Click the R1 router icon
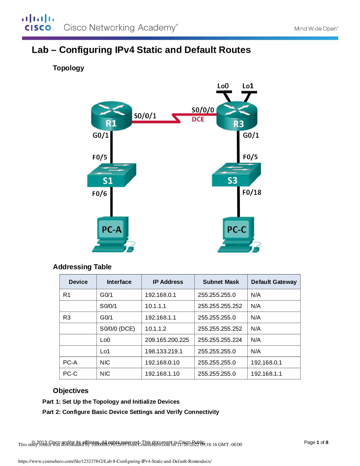111,116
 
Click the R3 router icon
237,116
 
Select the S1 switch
111,175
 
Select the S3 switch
236,175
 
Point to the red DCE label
198,119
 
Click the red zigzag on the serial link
176,118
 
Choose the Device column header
78,282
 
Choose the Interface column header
119,282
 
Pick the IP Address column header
168,282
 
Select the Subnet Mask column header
221,282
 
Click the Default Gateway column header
274,282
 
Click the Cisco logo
38,23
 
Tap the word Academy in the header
157,28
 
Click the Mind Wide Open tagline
316,29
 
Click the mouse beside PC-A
130,250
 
